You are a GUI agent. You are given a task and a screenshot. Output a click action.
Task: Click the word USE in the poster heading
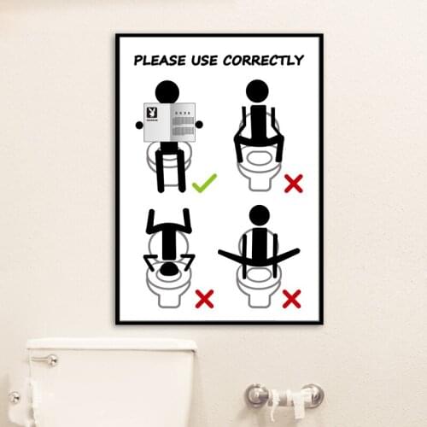click(207, 60)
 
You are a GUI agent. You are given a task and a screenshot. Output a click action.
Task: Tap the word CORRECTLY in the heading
click(263, 60)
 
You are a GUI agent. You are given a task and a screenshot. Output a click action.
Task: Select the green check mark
click(204, 182)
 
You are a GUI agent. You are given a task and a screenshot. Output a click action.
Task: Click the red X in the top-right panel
click(294, 182)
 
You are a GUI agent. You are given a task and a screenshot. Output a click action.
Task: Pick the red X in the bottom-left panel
click(204, 298)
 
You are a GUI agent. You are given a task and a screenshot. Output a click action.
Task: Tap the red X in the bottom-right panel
click(291, 298)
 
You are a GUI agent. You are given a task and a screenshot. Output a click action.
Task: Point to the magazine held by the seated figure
click(169, 123)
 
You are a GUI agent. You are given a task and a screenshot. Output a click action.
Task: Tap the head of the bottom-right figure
click(259, 215)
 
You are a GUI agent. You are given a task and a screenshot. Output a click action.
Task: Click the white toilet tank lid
click(111, 345)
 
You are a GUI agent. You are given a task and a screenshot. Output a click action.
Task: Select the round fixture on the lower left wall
click(15, 397)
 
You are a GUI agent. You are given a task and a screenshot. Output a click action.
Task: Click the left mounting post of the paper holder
click(255, 395)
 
